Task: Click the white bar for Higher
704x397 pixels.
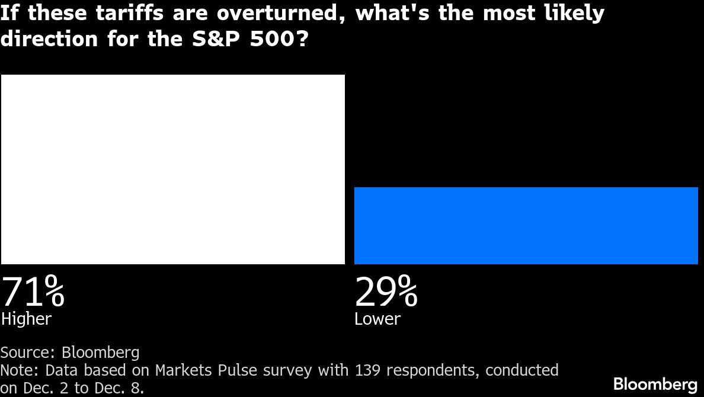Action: (x=172, y=169)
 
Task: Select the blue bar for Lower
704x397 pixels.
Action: (x=526, y=225)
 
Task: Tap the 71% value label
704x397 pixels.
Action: (x=33, y=292)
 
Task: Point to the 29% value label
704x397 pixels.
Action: (x=386, y=292)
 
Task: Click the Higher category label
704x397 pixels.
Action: (x=27, y=319)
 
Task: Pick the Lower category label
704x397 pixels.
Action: (x=377, y=319)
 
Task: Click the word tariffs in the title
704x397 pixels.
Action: (x=129, y=13)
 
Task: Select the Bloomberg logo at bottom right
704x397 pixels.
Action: (x=655, y=383)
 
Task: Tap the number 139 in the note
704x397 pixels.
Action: (x=368, y=370)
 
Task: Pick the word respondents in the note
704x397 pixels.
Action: (x=433, y=371)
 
